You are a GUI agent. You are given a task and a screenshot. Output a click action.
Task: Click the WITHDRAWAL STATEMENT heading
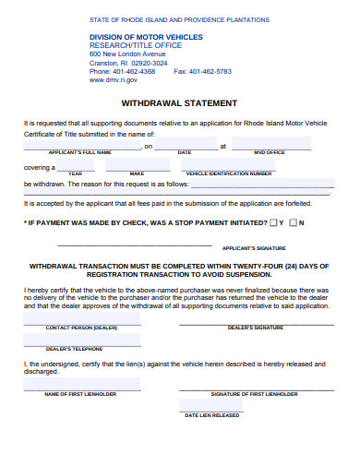tap(179, 103)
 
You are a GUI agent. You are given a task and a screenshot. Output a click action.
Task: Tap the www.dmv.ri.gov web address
tap(113, 79)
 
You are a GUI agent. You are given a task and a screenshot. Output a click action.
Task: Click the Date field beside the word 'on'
tap(185, 142)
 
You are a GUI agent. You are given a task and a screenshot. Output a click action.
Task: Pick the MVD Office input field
tap(270, 142)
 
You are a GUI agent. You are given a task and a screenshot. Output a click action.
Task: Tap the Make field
tap(137, 165)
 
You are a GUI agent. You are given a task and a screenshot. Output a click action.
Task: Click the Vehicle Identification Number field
tap(228, 165)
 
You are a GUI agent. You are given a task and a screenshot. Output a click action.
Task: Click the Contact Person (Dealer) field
tap(81, 319)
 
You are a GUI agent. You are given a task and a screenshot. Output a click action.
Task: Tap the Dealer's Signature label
tap(255, 328)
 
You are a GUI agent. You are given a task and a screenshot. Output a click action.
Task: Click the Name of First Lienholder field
tap(81, 385)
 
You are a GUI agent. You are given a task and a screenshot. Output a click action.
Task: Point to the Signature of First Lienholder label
tap(254, 394)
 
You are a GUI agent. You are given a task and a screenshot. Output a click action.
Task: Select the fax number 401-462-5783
tap(210, 71)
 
